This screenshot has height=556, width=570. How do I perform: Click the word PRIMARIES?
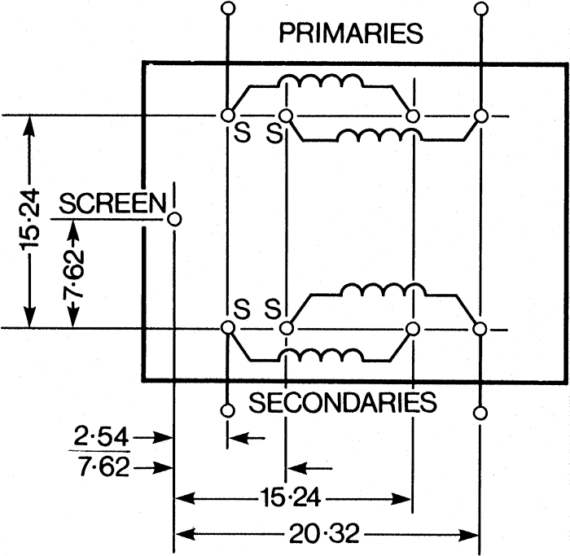(351, 33)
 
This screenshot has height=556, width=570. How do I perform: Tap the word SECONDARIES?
(343, 402)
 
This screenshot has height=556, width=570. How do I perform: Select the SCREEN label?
(112, 204)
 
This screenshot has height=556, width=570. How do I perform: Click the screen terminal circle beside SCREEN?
(174, 220)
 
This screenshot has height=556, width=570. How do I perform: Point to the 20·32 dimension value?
(324, 534)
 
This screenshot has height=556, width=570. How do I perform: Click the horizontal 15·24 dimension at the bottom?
(291, 498)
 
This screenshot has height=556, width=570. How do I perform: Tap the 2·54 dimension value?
(101, 436)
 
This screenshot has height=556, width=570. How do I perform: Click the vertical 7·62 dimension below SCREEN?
(73, 274)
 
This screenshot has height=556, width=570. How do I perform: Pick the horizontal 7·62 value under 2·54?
(104, 466)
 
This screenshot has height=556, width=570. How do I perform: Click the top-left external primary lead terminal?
(228, 8)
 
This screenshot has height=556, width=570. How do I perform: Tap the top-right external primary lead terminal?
(481, 8)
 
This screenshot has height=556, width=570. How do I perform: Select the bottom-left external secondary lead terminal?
(227, 410)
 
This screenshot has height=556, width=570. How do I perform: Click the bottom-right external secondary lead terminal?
(480, 414)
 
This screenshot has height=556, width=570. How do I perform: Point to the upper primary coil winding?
(321, 81)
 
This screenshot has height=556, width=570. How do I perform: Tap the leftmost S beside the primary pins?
(243, 133)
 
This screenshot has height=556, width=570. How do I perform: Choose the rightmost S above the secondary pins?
(273, 309)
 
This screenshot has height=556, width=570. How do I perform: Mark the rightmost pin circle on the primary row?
(481, 116)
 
